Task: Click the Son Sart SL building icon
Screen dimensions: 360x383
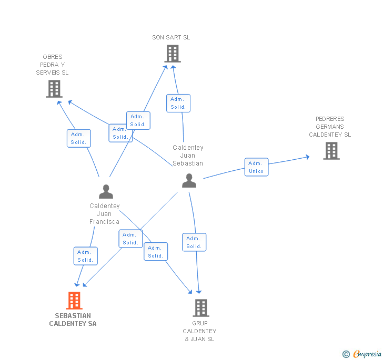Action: point(172,54)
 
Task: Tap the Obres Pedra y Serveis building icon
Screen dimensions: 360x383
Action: point(54,89)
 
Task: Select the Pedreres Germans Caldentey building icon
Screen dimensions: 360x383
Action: point(331,151)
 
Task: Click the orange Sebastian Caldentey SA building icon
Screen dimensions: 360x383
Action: point(74,301)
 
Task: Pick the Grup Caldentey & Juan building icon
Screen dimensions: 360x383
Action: point(200,308)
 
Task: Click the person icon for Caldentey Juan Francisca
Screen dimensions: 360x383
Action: point(106,192)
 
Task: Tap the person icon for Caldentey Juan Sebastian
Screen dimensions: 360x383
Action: point(189,181)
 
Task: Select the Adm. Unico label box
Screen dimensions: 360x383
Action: point(256,167)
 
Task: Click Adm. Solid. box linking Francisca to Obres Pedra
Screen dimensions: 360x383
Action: point(78,138)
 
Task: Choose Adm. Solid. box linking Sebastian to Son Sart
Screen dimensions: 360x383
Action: point(178,103)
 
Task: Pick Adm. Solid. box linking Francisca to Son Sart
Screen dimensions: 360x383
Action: point(138,120)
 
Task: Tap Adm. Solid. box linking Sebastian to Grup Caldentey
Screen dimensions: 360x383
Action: point(194,242)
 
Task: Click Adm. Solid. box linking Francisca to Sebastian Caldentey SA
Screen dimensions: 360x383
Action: point(85,256)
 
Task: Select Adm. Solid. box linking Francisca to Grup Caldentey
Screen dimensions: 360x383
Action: point(155,252)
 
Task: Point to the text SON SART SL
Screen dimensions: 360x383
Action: point(171,37)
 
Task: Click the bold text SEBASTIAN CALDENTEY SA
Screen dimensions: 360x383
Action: point(73,320)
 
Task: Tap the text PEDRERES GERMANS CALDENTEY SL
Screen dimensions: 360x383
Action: point(330,127)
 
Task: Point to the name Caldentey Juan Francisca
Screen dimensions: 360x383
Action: point(104,214)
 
